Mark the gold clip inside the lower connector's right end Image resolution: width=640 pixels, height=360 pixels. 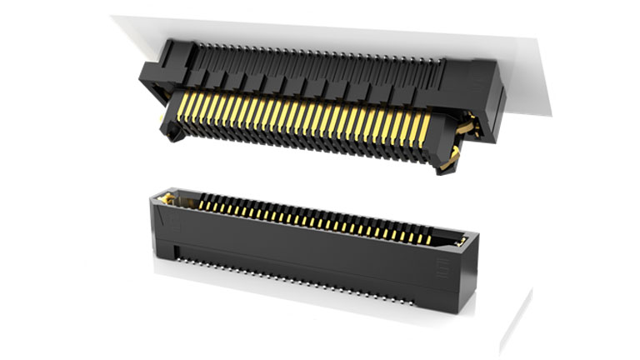click(x=460, y=239)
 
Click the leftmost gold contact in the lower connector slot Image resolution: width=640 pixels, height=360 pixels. click(x=200, y=201)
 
